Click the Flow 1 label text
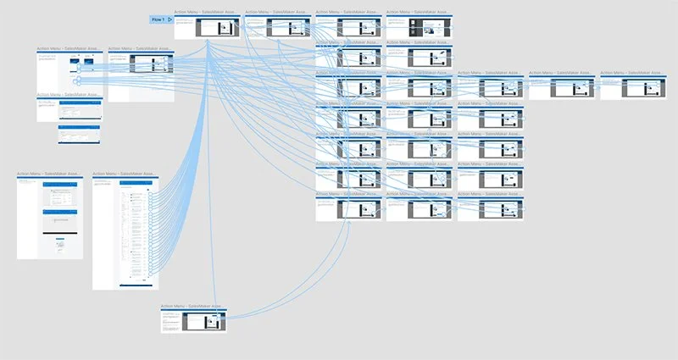click(157, 19)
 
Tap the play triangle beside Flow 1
click(170, 19)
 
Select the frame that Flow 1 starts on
click(208, 27)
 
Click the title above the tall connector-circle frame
click(124, 174)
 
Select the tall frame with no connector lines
click(50, 218)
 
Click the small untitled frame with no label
click(81, 134)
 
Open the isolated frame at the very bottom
click(194, 321)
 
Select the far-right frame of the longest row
click(633, 88)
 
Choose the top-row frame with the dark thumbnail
click(420, 27)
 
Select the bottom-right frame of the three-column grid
click(491, 210)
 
